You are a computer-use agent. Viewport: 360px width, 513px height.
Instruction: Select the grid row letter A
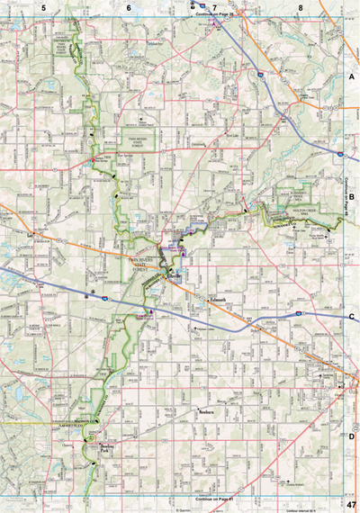click(351, 79)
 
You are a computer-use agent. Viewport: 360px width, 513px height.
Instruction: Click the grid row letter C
click(351, 317)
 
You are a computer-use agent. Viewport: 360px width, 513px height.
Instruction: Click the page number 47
click(350, 505)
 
